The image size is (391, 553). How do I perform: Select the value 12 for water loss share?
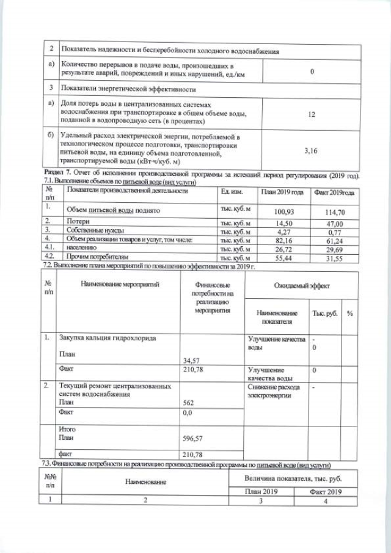point(312,114)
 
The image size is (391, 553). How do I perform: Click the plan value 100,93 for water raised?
point(282,210)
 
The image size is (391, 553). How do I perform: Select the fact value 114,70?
point(334,210)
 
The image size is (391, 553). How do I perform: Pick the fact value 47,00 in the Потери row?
point(334,224)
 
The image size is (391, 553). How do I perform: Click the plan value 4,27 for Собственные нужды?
point(282,232)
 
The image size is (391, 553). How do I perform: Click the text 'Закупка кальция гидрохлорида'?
point(108,338)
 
